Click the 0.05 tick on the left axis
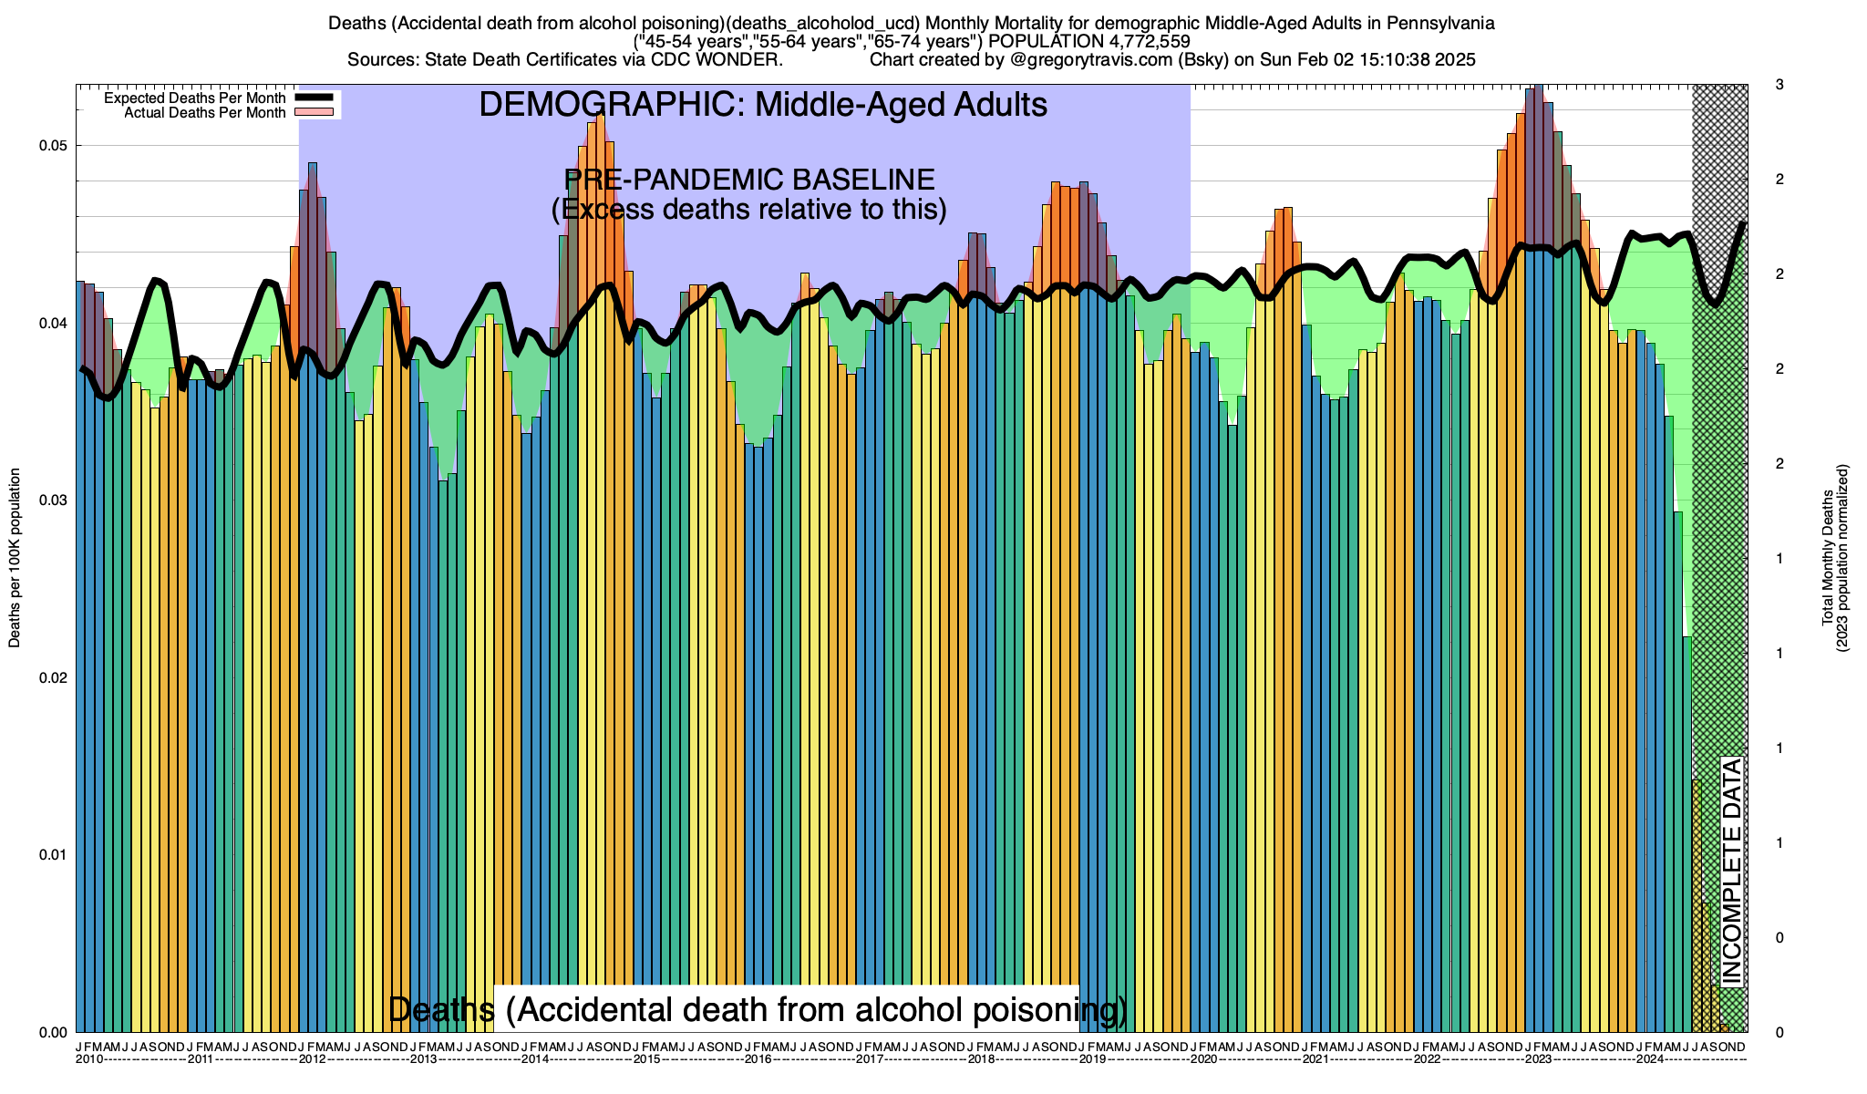pyautogui.click(x=56, y=146)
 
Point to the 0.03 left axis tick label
pyautogui.click(x=56, y=501)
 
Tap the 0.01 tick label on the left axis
pyautogui.click(x=56, y=855)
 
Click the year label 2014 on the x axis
pyautogui.click(x=535, y=1059)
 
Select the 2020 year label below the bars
pyautogui.click(x=1203, y=1059)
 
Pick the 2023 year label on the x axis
pyautogui.click(x=1539, y=1059)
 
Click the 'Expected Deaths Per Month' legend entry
pyautogui.click(x=194, y=98)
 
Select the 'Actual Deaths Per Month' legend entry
pyautogui.click(x=204, y=113)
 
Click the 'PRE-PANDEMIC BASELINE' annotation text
pyautogui.click(x=749, y=179)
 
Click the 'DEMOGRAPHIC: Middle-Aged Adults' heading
pyautogui.click(x=763, y=105)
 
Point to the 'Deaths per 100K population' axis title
pyautogui.click(x=15, y=558)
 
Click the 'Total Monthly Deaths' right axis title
pyautogui.click(x=1827, y=558)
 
